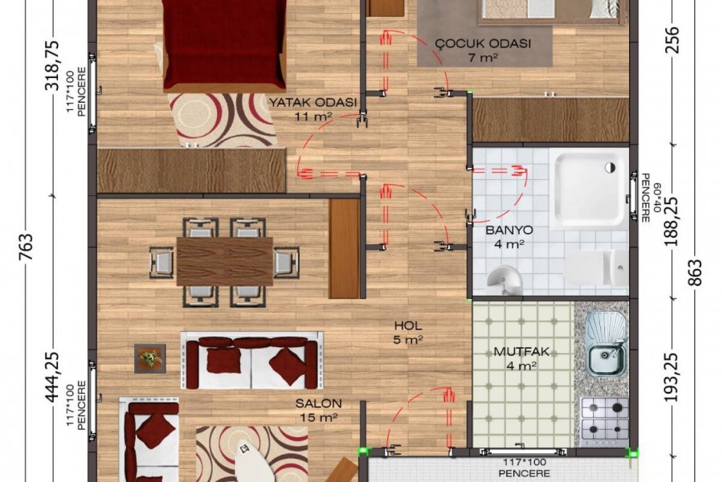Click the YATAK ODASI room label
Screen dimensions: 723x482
click(x=313, y=102)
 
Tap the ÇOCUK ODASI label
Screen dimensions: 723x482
click(x=484, y=44)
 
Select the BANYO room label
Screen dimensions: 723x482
click(x=509, y=230)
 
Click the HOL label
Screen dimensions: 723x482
click(x=408, y=325)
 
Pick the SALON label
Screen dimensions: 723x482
click(x=319, y=403)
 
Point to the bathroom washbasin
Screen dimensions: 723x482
click(x=504, y=280)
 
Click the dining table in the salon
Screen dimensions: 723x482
click(x=225, y=262)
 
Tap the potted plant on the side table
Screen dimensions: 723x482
click(x=150, y=358)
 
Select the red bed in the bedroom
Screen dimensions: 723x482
click(x=223, y=45)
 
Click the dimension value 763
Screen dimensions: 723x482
click(x=27, y=247)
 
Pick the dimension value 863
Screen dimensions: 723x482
click(x=696, y=272)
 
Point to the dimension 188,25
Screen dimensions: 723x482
click(x=672, y=222)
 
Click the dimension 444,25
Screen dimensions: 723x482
click(x=52, y=377)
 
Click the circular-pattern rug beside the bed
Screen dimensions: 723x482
click(x=223, y=120)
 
